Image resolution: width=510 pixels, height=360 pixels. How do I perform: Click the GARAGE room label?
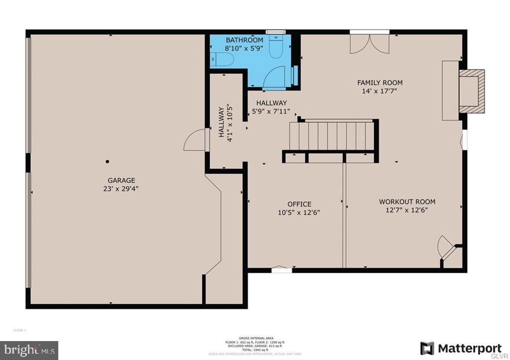pyautogui.click(x=122, y=180)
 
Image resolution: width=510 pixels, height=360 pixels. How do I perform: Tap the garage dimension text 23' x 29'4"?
pyautogui.click(x=122, y=189)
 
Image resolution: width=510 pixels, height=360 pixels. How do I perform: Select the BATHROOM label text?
pyautogui.click(x=244, y=40)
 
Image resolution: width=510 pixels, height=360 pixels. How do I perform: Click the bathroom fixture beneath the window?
pyautogui.click(x=276, y=47)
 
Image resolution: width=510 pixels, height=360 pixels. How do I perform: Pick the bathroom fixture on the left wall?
pyautogui.click(x=222, y=60)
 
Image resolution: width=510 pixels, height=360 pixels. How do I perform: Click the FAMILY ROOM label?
pyautogui.click(x=380, y=83)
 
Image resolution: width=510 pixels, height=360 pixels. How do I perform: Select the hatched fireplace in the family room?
pyautogui.click(x=471, y=91)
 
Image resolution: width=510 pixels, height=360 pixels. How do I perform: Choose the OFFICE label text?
pyautogui.click(x=299, y=204)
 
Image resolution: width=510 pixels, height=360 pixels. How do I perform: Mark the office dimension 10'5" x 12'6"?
pyautogui.click(x=299, y=212)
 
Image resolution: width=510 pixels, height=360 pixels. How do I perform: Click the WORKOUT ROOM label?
pyautogui.click(x=407, y=202)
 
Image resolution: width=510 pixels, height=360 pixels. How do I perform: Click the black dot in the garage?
pyautogui.click(x=107, y=161)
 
